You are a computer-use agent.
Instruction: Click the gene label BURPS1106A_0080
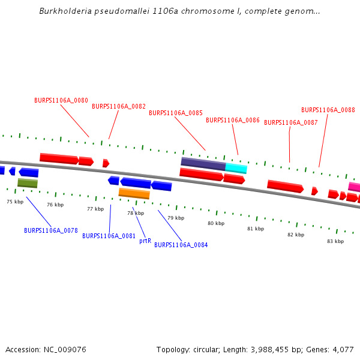click(x=61, y=100)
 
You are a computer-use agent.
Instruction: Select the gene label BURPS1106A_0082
click(x=119, y=106)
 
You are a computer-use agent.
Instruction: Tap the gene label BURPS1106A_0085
click(x=176, y=113)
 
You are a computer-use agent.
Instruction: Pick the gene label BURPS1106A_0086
click(x=233, y=120)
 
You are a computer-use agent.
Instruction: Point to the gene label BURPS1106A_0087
click(x=291, y=122)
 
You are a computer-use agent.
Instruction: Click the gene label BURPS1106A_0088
click(x=328, y=110)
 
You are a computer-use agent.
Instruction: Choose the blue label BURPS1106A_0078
click(x=51, y=230)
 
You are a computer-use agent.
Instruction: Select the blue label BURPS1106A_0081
click(x=109, y=236)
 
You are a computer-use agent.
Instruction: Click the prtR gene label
click(x=145, y=241)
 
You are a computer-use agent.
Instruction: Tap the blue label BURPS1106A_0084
click(x=181, y=245)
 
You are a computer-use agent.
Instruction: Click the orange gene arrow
click(x=134, y=193)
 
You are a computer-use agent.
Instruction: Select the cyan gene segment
click(x=236, y=168)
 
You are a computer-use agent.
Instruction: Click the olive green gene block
click(x=28, y=183)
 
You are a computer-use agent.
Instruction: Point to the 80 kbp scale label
click(x=216, y=223)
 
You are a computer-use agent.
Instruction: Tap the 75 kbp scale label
click(x=15, y=202)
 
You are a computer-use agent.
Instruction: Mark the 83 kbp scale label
click(x=335, y=241)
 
